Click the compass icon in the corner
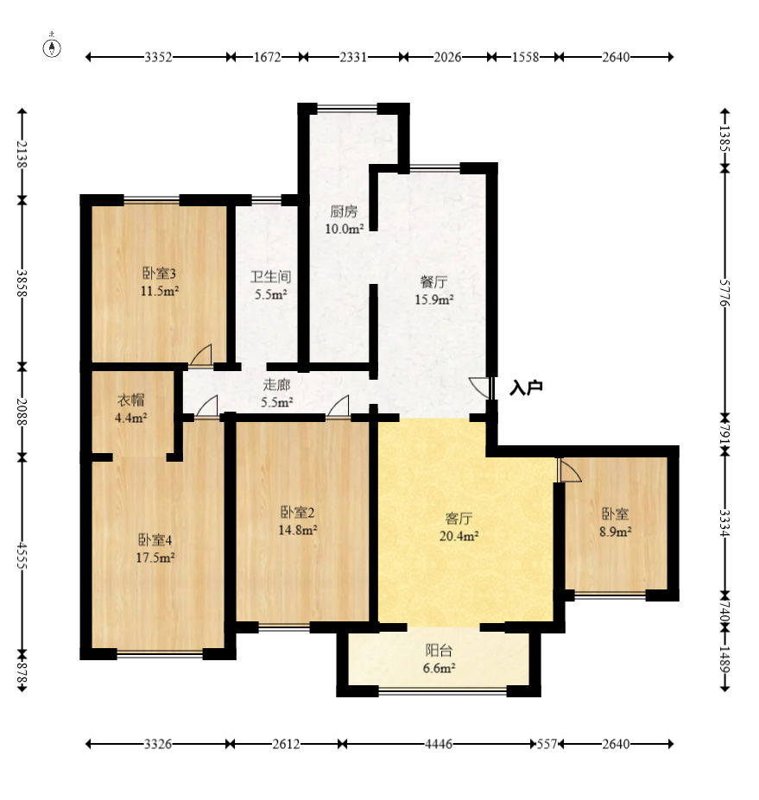[52, 47]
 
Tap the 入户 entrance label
[526, 387]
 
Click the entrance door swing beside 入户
[479, 387]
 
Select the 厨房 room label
[344, 211]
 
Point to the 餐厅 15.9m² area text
[433, 299]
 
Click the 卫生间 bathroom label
[270, 277]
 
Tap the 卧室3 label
[159, 274]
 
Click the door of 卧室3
[200, 355]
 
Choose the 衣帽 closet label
[131, 400]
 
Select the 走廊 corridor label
[276, 385]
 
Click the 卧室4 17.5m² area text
[155, 557]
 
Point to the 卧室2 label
[298, 512]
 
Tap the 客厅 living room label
[459, 519]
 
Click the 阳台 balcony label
[439, 651]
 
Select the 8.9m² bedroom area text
[616, 532]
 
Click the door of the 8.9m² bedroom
[570, 469]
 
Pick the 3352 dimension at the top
[158, 57]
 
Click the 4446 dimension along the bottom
[439, 745]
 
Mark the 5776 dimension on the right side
[725, 293]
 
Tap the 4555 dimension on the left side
[22, 555]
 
